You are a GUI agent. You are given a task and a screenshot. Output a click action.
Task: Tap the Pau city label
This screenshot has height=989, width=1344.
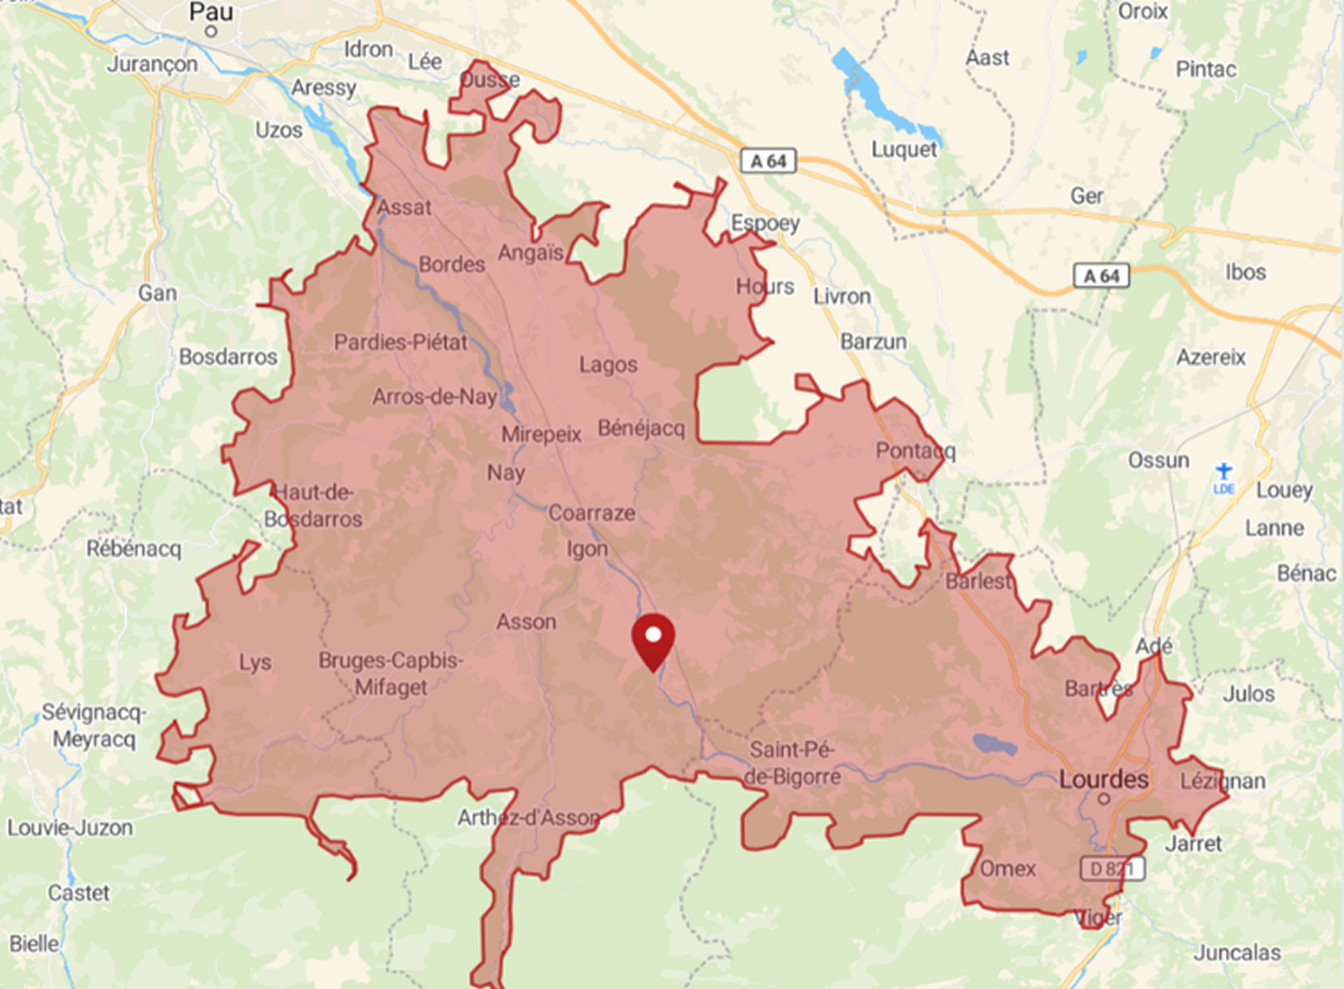click(x=211, y=12)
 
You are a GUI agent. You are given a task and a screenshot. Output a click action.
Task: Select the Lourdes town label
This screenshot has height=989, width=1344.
click(x=1104, y=779)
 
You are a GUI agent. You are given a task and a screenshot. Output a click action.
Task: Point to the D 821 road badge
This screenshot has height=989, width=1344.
click(x=1112, y=869)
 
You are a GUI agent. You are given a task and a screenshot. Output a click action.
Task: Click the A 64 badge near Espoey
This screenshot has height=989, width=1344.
click(x=769, y=161)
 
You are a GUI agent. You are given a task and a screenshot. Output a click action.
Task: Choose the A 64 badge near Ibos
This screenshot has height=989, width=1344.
click(x=1101, y=276)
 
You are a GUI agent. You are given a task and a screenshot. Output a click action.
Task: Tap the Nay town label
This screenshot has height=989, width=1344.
click(x=506, y=473)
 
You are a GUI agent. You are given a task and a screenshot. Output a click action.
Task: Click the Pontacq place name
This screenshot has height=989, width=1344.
click(x=915, y=451)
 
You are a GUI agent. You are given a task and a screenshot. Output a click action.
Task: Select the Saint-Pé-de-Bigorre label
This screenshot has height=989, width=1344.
click(x=792, y=764)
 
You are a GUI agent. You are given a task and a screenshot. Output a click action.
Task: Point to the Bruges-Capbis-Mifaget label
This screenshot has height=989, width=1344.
click(x=391, y=673)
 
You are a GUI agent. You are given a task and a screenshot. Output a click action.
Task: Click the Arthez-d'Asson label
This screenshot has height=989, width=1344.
click(x=528, y=818)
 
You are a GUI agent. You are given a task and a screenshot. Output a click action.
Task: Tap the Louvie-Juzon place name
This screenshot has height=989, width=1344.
click(x=70, y=828)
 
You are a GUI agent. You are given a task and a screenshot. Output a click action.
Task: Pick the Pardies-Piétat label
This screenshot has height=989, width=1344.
click(x=400, y=342)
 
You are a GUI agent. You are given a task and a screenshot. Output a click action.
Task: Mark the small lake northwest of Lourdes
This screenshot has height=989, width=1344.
click(x=994, y=744)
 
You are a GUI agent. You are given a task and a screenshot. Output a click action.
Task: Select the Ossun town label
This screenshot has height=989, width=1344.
click(x=1158, y=461)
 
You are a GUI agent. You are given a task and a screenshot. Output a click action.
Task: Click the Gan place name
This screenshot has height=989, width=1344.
click(x=157, y=293)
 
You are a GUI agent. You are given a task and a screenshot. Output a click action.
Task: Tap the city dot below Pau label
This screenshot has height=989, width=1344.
click(x=211, y=31)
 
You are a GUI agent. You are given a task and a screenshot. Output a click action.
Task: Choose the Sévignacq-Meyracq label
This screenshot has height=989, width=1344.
click(x=94, y=725)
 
